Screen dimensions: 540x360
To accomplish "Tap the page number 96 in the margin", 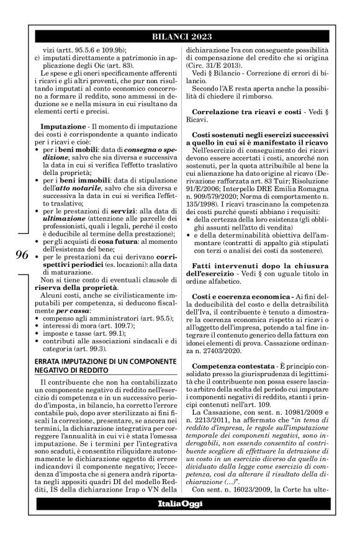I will [20, 256].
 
